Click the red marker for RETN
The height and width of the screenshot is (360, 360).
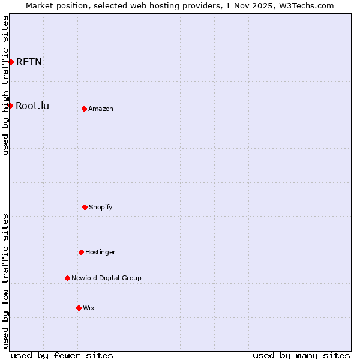(x=11, y=62)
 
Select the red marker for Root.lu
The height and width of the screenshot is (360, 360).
(x=10, y=106)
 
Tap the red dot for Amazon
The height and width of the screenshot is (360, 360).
(x=84, y=109)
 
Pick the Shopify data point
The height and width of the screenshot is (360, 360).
(x=85, y=207)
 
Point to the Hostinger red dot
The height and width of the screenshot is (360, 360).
(x=81, y=252)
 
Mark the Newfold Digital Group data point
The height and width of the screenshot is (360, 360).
(x=67, y=278)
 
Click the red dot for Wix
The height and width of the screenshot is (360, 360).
(x=79, y=308)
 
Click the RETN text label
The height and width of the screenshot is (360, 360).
(x=29, y=62)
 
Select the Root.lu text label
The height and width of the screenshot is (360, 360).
(x=32, y=106)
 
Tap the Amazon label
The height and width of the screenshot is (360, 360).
(x=101, y=109)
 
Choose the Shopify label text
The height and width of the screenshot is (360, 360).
(x=101, y=207)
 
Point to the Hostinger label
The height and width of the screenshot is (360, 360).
(x=100, y=252)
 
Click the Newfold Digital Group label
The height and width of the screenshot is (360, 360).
(x=106, y=278)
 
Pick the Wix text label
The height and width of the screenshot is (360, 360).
(x=89, y=308)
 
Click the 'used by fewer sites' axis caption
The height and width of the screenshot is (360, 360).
(x=62, y=355)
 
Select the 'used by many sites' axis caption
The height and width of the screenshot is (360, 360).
(x=301, y=355)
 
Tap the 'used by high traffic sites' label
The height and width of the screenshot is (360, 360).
(x=5, y=85)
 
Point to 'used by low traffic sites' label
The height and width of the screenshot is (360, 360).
(x=5, y=280)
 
